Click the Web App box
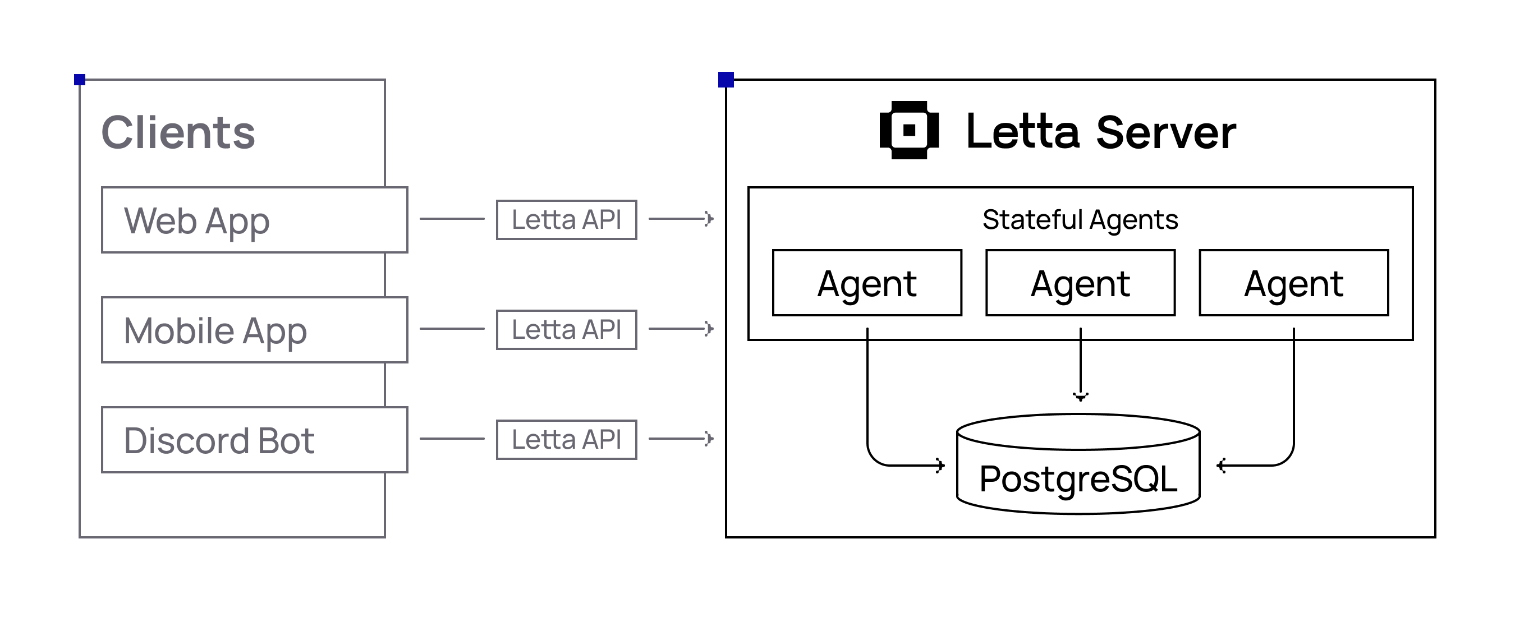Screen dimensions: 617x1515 [254, 220]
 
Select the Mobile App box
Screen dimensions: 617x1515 [254, 330]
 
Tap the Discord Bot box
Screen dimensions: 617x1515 [254, 440]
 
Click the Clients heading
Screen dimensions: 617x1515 [178, 133]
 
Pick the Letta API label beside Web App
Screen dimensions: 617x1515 [566, 220]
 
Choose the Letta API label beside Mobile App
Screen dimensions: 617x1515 [566, 330]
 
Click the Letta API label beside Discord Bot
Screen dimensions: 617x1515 [566, 440]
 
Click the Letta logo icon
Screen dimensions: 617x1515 [908, 130]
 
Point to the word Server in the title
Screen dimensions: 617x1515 [1165, 133]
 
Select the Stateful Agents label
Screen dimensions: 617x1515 [1080, 220]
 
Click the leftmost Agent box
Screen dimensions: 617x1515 [867, 283]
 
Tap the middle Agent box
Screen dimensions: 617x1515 [1080, 283]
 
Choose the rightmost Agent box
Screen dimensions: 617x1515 [1294, 283]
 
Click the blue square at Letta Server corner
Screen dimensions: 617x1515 [726, 80]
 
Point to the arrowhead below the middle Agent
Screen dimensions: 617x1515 [1080, 397]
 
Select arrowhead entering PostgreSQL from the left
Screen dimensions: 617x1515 [940, 465]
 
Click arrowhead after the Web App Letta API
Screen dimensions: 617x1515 [709, 219]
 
